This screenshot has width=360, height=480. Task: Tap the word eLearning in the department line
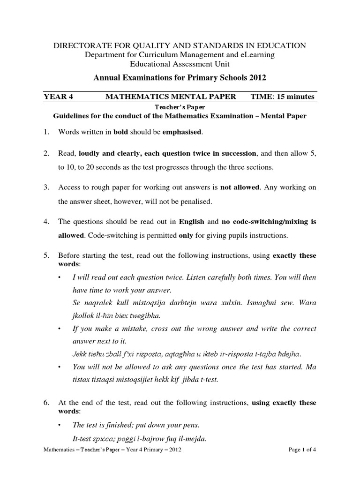point(258,55)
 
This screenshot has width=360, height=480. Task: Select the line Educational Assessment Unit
point(180,64)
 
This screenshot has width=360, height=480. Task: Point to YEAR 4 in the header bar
point(59,97)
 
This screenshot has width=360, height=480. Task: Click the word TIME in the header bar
point(261,97)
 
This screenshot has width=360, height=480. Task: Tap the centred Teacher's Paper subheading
point(180,107)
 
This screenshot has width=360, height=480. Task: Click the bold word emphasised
point(182,132)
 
